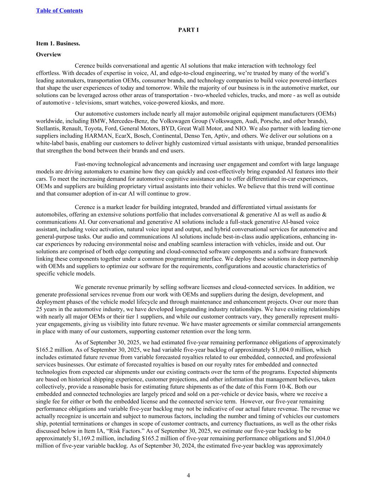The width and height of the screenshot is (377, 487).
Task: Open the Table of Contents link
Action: click(59, 10)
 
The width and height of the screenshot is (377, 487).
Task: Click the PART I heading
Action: click(188, 30)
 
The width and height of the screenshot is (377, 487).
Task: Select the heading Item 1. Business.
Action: click(58, 44)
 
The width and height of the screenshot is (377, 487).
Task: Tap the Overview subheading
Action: click(49, 55)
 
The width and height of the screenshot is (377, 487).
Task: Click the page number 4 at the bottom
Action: click(188, 475)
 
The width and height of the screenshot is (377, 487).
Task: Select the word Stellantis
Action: click(48, 128)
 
